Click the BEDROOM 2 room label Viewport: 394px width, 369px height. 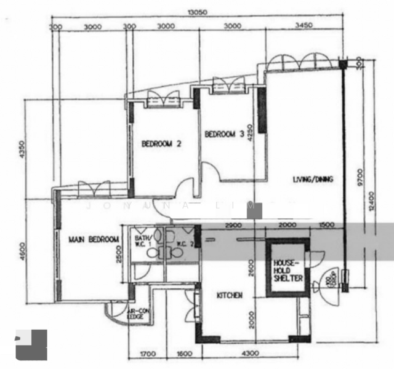tap(161, 145)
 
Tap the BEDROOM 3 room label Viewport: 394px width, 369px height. tap(225, 134)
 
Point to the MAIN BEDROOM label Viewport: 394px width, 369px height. tap(94, 239)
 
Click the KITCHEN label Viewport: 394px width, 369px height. tap(229, 296)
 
